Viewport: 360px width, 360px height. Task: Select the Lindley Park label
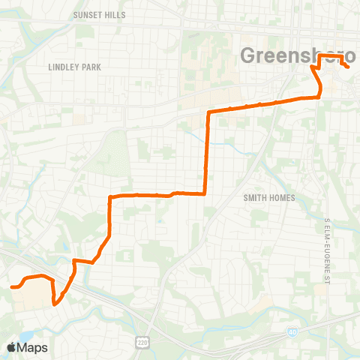pos(74,67)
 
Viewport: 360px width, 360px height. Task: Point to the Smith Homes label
pos(269,198)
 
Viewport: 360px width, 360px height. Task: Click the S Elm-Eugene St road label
pos(328,243)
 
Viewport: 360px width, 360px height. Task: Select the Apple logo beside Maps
pos(11,347)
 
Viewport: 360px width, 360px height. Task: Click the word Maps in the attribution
pos(32,347)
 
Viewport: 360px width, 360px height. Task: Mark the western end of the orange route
pos(12,286)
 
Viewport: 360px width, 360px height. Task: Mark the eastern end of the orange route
pos(349,67)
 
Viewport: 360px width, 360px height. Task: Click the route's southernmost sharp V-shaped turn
pos(55,304)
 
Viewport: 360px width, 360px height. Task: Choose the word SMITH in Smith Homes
pos(256,198)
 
